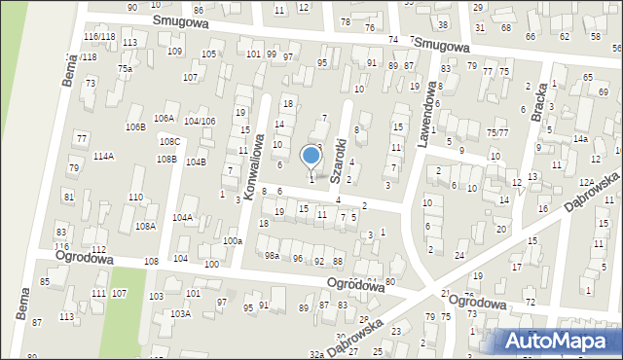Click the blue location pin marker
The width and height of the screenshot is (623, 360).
point(311,156)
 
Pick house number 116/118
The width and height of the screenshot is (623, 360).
point(99,36)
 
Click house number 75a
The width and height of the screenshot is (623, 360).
point(125,69)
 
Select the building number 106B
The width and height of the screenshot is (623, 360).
point(134,126)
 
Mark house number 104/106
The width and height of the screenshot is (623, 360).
point(200,121)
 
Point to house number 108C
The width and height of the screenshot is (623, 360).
point(169,141)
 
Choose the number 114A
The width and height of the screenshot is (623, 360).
point(103,156)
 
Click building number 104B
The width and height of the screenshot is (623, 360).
point(196,162)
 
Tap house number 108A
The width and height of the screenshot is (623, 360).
point(145,226)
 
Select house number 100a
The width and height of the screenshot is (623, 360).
point(232,240)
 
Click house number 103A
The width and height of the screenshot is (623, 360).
point(180,314)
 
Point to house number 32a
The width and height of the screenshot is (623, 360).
point(316,354)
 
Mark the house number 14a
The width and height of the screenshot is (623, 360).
point(580,139)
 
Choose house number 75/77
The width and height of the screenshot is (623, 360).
point(497,132)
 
